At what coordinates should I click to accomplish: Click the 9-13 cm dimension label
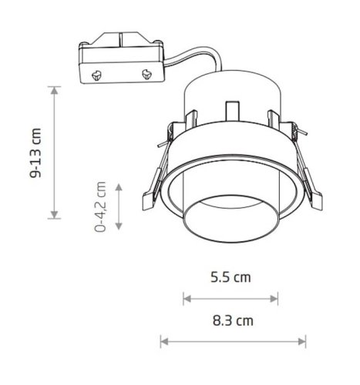(35, 152)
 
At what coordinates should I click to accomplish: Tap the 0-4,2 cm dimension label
(100, 206)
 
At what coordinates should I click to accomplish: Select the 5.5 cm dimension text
(230, 277)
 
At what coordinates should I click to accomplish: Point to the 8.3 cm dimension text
(233, 321)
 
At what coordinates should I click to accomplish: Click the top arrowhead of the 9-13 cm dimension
(54, 91)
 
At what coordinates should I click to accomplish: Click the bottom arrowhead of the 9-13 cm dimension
(54, 215)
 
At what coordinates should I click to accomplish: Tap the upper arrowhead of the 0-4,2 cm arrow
(119, 187)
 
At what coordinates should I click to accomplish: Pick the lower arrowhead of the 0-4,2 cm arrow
(119, 226)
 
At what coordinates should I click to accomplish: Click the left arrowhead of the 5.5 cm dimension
(187, 299)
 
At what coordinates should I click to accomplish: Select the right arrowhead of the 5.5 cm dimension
(274, 299)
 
